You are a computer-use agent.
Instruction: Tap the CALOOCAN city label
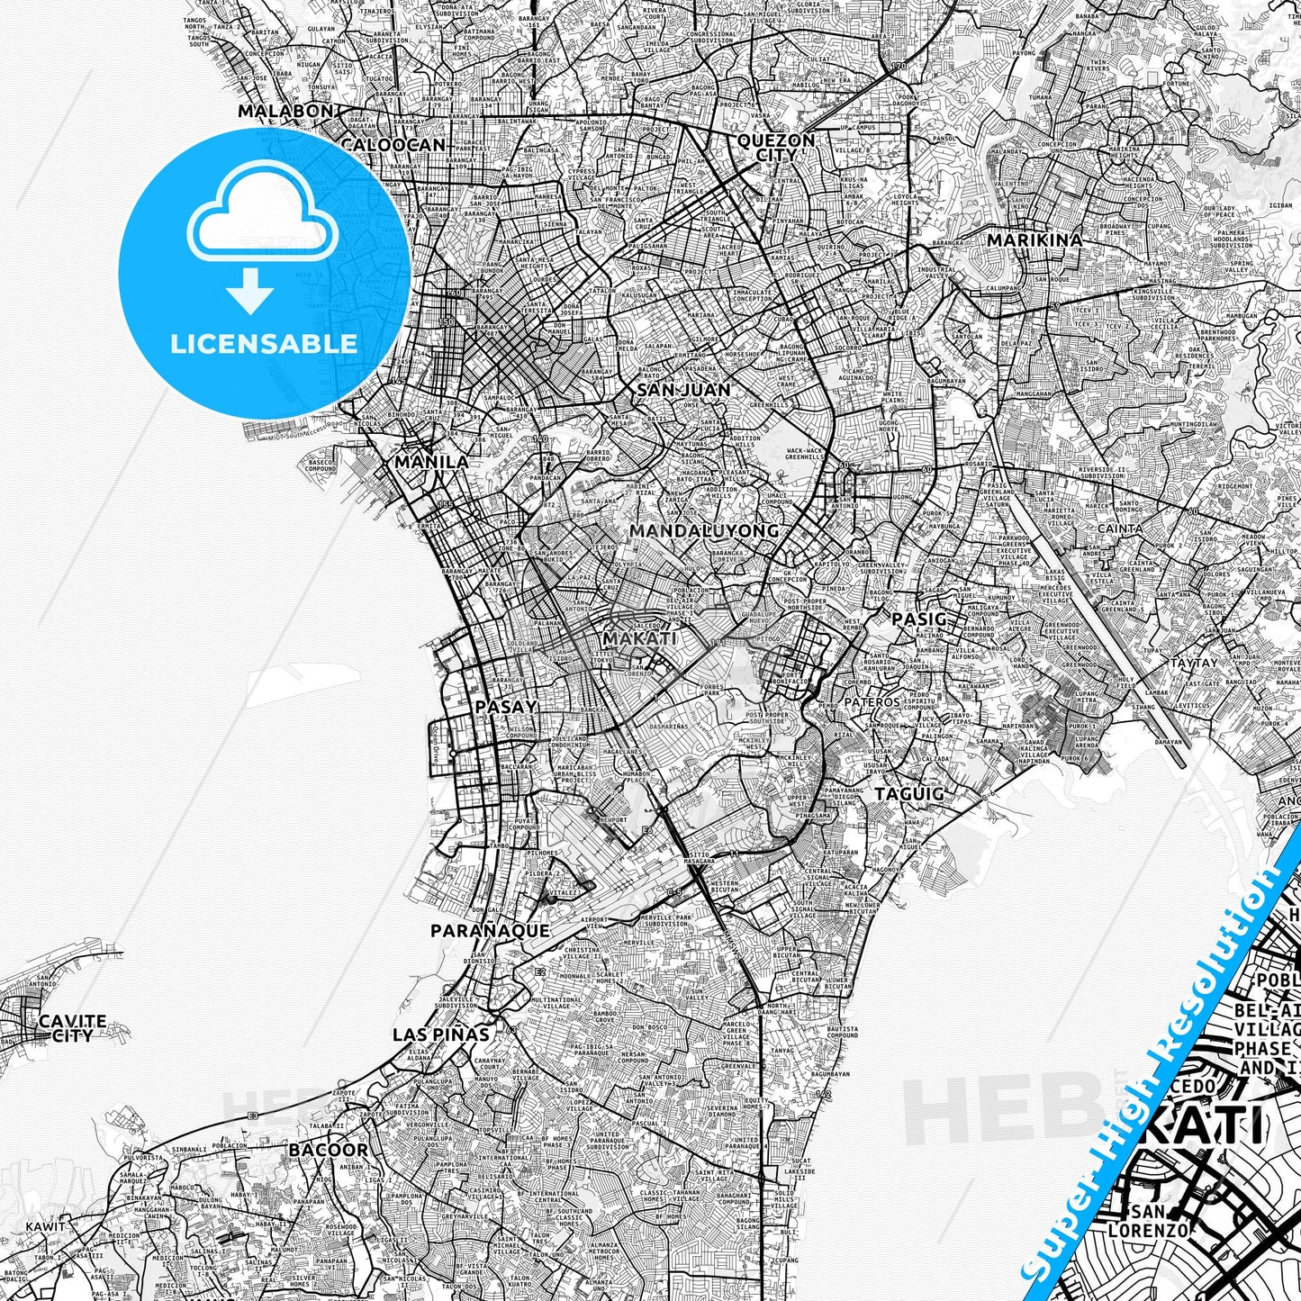[x=393, y=145]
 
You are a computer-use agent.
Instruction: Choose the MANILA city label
[x=432, y=462]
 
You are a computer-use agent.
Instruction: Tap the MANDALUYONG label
[x=704, y=531]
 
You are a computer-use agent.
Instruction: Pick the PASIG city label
[x=918, y=619]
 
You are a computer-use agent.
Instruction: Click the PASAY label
[x=506, y=707]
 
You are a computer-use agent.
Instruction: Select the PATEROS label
[x=872, y=702]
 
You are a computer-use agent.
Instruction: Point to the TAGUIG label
[x=909, y=794]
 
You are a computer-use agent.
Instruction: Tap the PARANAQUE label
[x=490, y=931]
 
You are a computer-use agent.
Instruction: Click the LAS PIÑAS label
[x=441, y=1035]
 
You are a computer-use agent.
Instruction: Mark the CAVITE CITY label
[x=72, y=1028]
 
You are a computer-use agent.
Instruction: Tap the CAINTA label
[x=1119, y=529]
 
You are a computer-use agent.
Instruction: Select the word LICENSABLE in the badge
[x=264, y=344]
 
